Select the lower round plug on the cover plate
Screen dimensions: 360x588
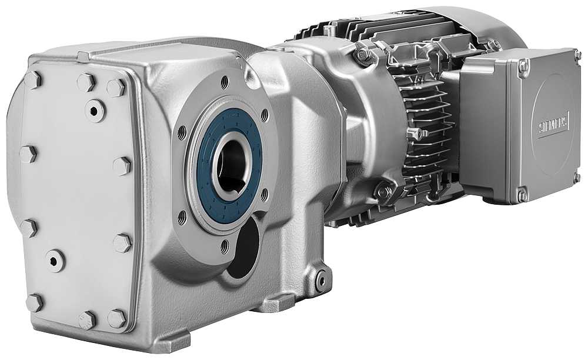tap(55, 259)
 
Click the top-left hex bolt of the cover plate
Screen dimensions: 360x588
tap(32, 79)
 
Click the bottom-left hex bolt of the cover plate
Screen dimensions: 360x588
tap(34, 302)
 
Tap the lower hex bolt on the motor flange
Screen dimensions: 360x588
tap(383, 191)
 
